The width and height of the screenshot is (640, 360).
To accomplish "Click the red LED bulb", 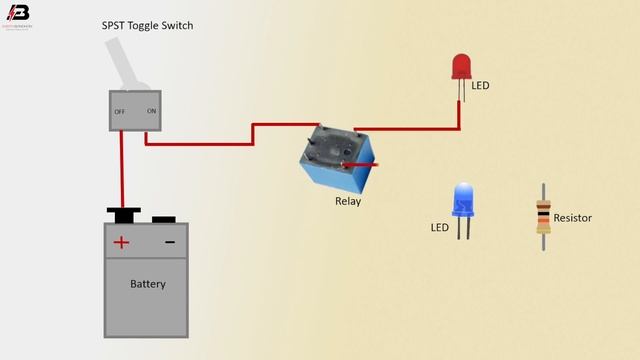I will (461, 67).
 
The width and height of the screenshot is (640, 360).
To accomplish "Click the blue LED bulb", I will (462, 199).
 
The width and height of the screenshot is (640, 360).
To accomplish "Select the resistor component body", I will (543, 216).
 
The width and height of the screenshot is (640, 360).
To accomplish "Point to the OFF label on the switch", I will (120, 111).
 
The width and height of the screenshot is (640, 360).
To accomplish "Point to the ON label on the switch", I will (151, 111).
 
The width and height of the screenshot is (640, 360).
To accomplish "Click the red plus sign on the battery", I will (121, 242).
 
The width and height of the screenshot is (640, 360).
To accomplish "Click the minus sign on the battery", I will (170, 242).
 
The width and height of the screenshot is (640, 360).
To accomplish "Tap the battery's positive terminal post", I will (123, 214).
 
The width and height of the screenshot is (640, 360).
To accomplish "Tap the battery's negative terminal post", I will (164, 218).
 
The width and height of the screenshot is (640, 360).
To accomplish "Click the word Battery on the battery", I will (147, 284).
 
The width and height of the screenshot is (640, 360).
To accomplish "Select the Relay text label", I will (348, 201).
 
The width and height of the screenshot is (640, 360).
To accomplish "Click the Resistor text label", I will (573, 217).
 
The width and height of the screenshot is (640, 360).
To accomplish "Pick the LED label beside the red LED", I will (480, 86).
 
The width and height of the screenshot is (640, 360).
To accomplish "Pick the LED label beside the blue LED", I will (439, 227).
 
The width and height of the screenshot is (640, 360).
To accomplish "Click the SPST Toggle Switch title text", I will (148, 25).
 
